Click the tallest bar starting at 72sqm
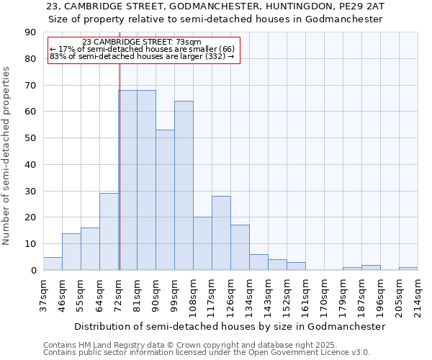127,180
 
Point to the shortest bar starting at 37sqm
53,264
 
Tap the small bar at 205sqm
408,269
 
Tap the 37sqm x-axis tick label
43,293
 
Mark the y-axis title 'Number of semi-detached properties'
8,156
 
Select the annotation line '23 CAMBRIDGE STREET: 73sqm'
142,42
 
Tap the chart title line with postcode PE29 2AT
215,6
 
